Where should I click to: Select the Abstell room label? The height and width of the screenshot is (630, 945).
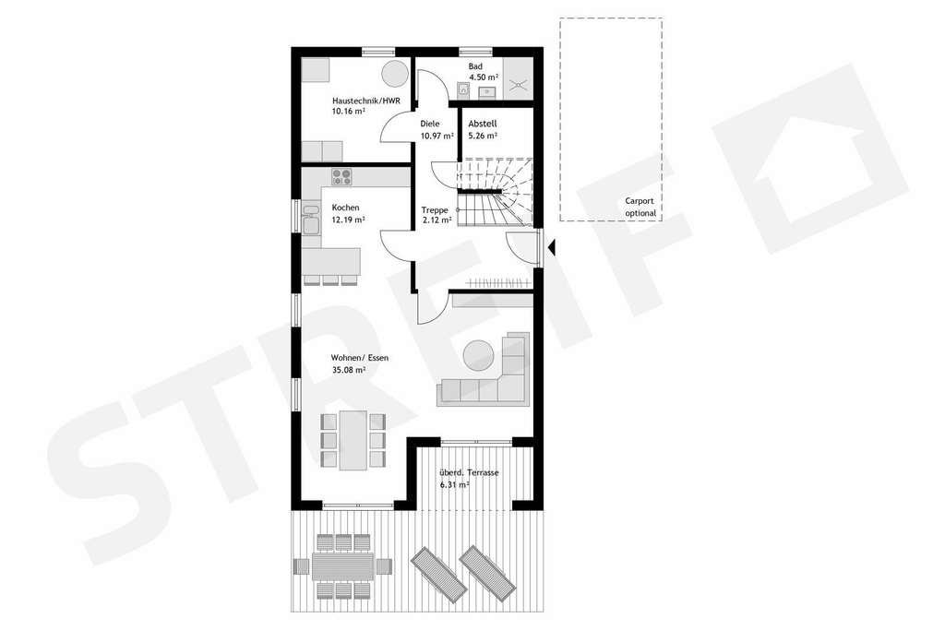pos(483,124)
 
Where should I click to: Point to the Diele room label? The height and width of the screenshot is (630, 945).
pos(430,124)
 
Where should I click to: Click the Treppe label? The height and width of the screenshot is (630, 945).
pos(434,208)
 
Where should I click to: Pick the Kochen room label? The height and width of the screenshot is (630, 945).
pos(345,208)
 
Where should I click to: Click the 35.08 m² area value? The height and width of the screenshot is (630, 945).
pos(349,370)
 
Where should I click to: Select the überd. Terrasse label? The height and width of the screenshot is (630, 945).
pos(470,472)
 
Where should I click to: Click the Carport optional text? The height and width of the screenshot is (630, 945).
pos(640,207)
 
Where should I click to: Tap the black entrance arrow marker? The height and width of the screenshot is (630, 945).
pos(552,247)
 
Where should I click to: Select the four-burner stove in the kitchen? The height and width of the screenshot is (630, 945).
pos(342,178)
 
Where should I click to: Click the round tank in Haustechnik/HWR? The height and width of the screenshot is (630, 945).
pos(395,72)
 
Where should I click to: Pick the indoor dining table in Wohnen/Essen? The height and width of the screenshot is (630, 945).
pos(353,440)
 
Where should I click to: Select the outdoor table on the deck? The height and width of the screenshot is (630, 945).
pos(342,565)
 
